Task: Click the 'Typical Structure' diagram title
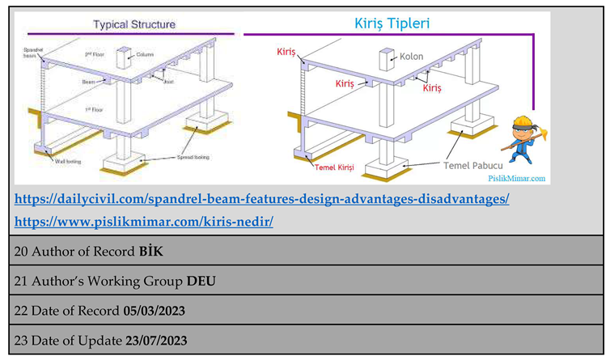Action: pyautogui.click(x=133, y=24)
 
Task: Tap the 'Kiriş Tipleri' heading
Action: pyautogui.click(x=392, y=23)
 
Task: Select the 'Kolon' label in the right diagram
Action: pyautogui.click(x=411, y=57)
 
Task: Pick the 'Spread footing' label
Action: pyautogui.click(x=187, y=156)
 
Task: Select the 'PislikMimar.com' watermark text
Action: pyautogui.click(x=516, y=179)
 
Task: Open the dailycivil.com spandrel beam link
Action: pyautogui.click(x=262, y=198)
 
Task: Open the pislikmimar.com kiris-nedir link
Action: pyautogui.click(x=144, y=221)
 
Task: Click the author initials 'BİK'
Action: pyautogui.click(x=150, y=252)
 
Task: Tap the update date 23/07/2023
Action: pyautogui.click(x=156, y=341)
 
